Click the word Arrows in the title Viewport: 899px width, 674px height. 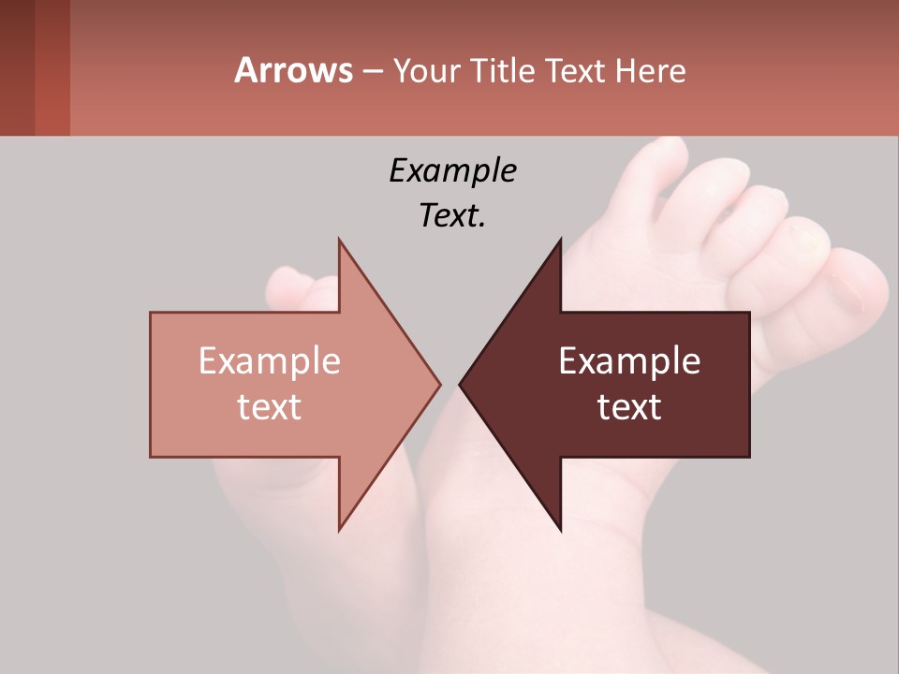294,70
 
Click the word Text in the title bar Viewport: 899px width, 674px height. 577,70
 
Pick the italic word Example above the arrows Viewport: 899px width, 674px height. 452,170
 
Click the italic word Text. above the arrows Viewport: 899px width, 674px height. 452,216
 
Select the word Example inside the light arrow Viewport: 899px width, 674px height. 269,361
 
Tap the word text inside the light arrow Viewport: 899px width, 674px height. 269,407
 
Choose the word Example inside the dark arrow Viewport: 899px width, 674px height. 629,361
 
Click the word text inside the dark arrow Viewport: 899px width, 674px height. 629,407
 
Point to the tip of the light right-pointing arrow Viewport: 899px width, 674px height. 439,384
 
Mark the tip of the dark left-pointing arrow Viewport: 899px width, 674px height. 461,384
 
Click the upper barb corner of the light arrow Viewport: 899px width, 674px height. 339,240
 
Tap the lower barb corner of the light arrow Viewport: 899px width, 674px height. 339,529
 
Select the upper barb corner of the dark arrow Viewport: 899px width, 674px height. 561,240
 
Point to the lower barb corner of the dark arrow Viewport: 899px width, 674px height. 561,530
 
